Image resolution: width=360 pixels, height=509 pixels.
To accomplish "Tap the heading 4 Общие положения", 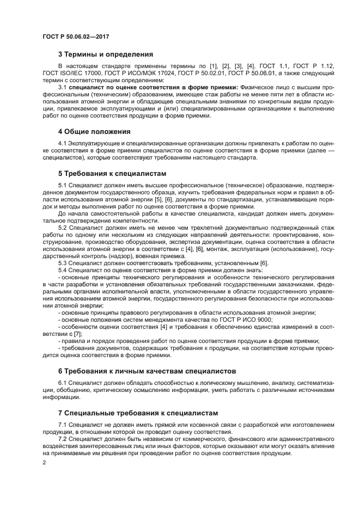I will tap(94, 131).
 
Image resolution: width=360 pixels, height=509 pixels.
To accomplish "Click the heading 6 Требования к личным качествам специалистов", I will tap(147, 371).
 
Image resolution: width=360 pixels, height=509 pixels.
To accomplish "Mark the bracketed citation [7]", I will tap(78, 334).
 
